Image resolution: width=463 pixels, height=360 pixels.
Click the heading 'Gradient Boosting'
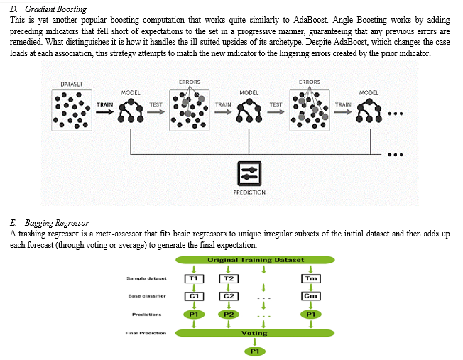(55, 9)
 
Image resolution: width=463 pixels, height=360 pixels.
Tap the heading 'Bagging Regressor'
(56, 223)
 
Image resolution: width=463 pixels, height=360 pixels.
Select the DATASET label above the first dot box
(72, 84)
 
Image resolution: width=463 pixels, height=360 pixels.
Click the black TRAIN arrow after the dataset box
(105, 111)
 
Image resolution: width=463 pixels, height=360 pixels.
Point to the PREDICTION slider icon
(249, 174)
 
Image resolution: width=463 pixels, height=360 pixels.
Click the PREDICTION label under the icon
(249, 192)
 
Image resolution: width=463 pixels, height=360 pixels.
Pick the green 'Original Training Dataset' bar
(255, 260)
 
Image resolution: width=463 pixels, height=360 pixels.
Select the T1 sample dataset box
(194, 278)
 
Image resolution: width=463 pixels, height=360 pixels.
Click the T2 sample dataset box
(229, 278)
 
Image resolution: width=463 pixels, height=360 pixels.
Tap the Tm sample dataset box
(311, 278)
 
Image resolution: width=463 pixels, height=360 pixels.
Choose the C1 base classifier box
(194, 296)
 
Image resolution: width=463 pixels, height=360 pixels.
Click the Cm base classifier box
(311, 296)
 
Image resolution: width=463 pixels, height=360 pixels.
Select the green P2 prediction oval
(229, 315)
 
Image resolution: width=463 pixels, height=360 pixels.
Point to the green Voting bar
(255, 333)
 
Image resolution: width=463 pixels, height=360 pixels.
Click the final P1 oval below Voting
(255, 351)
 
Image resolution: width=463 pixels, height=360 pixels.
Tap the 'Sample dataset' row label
(147, 278)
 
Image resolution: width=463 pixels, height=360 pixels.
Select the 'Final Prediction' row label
(146, 333)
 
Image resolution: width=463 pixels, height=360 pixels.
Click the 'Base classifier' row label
(147, 296)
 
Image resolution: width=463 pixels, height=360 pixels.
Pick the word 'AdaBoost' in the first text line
(310, 20)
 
